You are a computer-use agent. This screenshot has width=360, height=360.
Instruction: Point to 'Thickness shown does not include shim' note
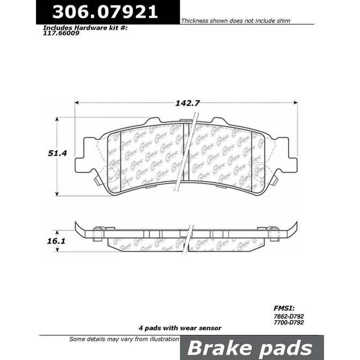point(236,21)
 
